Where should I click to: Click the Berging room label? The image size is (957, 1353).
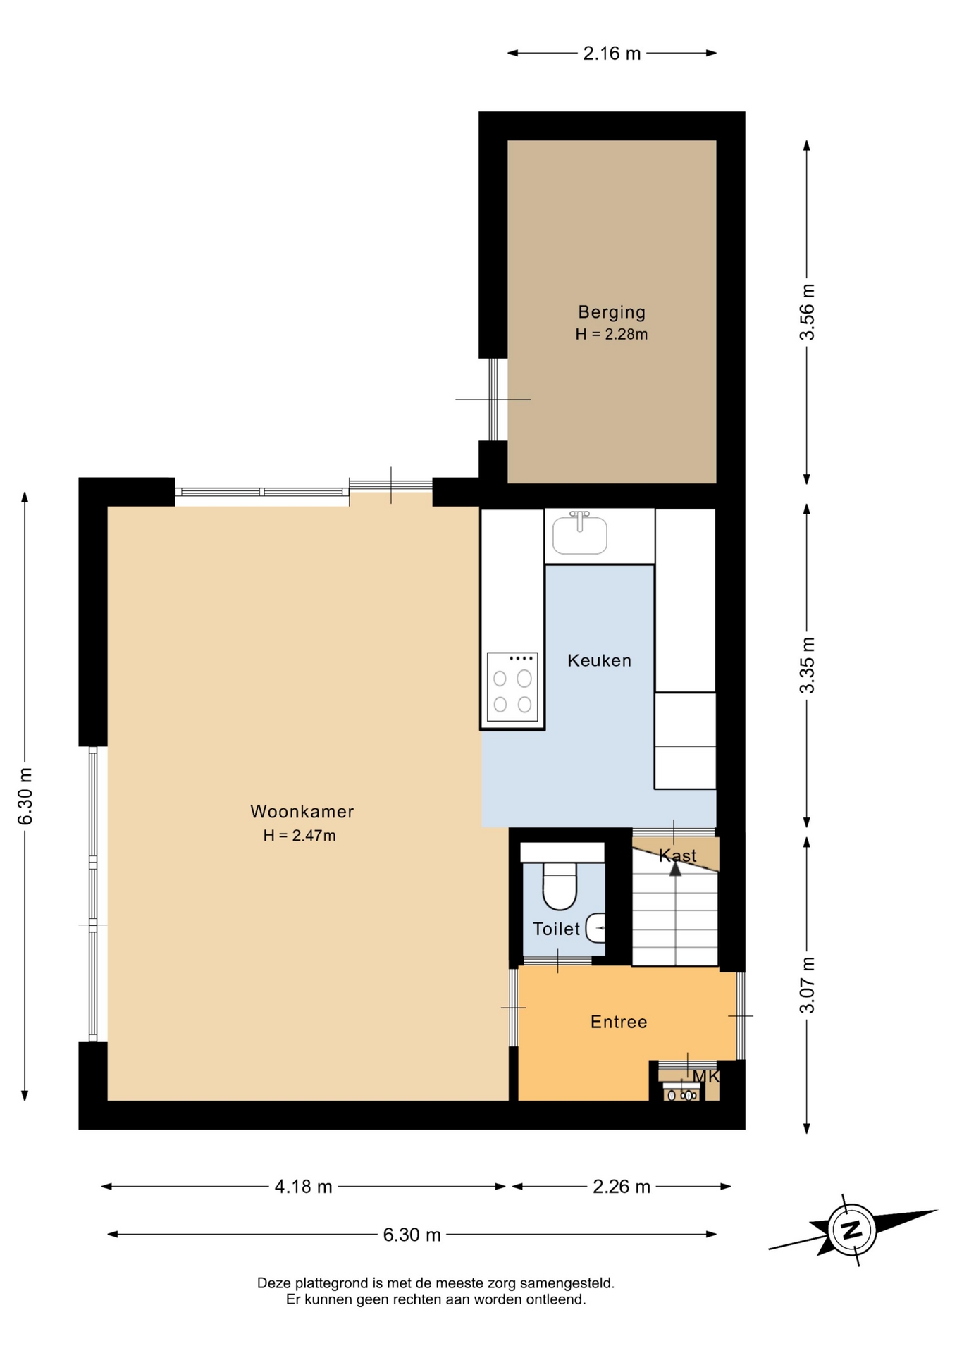(x=612, y=311)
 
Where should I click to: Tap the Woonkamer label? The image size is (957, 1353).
(x=302, y=811)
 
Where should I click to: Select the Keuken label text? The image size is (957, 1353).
(x=599, y=660)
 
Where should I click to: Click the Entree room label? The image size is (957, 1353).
(x=619, y=1022)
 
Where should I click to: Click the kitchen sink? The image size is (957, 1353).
(x=580, y=533)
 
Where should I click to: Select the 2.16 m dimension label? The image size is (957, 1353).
(x=612, y=53)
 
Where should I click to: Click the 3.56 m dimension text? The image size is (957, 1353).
(x=807, y=312)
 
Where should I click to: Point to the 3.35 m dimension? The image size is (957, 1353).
(x=807, y=665)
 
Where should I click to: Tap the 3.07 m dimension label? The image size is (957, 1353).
(x=807, y=985)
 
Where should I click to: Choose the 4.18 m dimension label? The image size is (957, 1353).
(x=303, y=1187)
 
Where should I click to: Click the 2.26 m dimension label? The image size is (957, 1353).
(x=621, y=1187)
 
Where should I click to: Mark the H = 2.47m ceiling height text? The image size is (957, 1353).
(x=300, y=836)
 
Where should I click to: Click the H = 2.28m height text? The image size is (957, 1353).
(x=612, y=334)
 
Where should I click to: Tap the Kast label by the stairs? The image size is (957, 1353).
(x=677, y=855)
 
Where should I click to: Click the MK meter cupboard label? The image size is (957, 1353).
(x=705, y=1076)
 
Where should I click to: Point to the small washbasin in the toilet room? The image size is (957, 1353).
(x=595, y=928)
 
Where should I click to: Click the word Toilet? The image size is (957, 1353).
(x=556, y=929)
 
